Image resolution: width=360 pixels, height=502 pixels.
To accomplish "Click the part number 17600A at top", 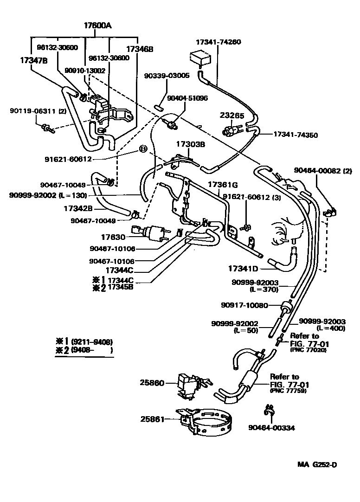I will [98, 26].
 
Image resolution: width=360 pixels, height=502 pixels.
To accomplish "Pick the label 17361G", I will [223, 184].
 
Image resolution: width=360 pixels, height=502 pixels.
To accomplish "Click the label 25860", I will [152, 383].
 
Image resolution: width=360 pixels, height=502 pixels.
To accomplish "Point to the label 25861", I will [152, 418].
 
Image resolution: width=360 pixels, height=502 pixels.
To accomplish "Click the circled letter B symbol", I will [143, 149].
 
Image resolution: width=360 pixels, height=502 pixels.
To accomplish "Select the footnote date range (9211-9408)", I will [92, 341].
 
